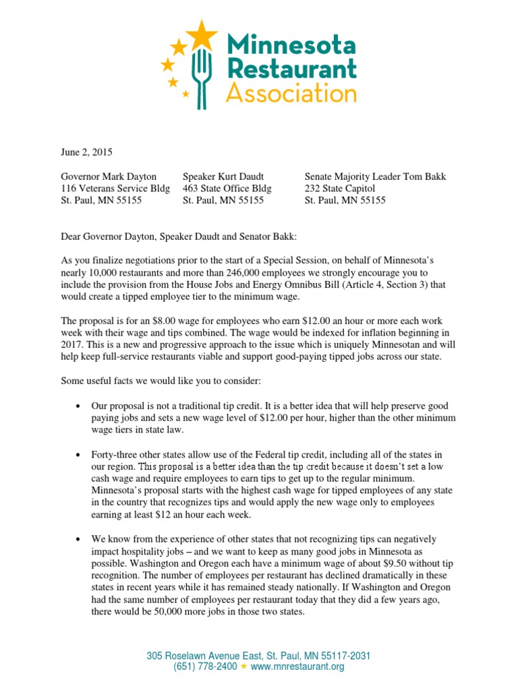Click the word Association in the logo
coord(291,92)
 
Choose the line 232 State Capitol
coord(340,189)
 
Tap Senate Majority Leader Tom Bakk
coord(375,177)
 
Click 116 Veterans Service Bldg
coord(115,189)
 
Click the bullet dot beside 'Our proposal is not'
coord(79,406)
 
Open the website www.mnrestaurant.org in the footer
coord(297,666)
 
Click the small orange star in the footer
coord(244,666)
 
